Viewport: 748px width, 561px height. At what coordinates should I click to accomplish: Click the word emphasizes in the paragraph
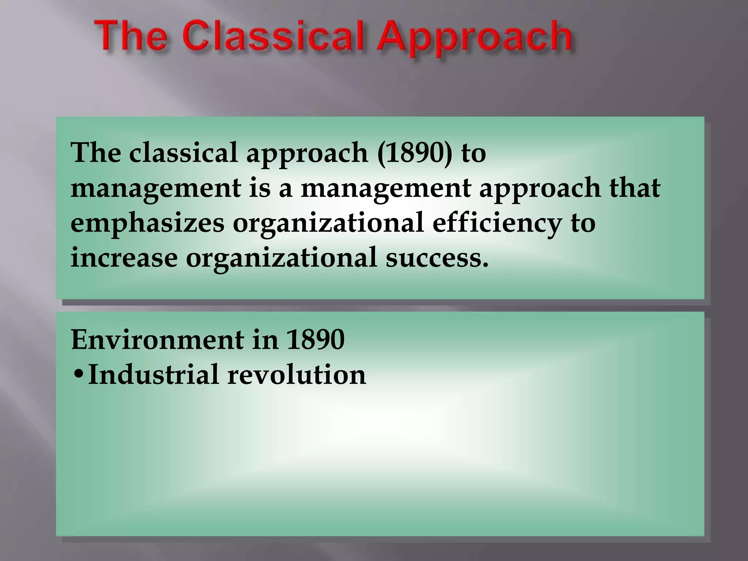[147, 224]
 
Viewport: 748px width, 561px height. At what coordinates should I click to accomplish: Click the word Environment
[157, 340]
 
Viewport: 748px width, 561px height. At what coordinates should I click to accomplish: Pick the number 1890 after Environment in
[315, 340]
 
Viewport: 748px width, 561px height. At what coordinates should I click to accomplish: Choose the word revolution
[297, 375]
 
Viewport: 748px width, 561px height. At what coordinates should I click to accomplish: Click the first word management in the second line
[156, 188]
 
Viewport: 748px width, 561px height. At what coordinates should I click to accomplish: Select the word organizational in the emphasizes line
[328, 224]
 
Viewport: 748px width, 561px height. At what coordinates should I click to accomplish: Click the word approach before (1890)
[307, 153]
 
